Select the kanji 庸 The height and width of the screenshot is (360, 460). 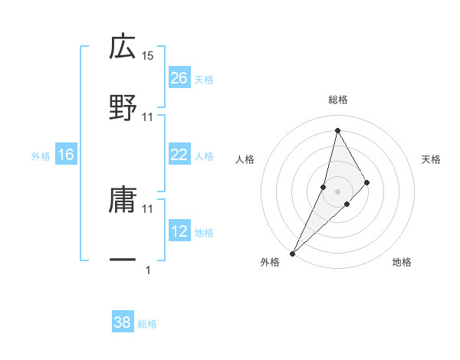point(123,200)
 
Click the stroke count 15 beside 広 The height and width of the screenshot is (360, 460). point(148,56)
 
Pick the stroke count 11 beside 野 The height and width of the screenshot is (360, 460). point(148,117)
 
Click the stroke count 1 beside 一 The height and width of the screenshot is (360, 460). point(148,270)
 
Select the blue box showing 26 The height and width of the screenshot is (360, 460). point(179,78)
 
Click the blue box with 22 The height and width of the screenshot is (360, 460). point(179,155)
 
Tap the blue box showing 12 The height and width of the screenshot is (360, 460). point(179,231)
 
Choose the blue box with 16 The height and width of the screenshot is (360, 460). point(66,155)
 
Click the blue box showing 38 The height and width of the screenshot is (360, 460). point(123,322)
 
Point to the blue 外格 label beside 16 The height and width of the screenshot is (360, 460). point(41,155)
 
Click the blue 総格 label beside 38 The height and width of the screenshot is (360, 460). point(147,323)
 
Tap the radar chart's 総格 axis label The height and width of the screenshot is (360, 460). point(338,100)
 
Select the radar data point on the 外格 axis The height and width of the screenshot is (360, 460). point(292,253)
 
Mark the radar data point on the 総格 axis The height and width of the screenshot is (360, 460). point(337,129)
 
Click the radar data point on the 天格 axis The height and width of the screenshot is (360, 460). point(367,182)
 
